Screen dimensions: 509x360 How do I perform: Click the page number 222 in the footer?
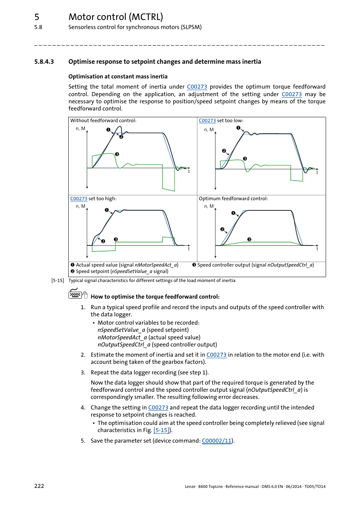coord(39,486)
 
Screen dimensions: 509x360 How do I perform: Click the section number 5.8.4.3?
coord(44,62)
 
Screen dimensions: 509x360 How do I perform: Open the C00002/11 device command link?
coord(217,441)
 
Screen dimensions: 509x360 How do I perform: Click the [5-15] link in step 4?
coord(162,430)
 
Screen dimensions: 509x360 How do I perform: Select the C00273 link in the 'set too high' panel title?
coord(78,199)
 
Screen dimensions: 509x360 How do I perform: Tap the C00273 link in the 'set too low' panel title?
coord(207,121)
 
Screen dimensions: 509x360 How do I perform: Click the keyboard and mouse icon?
coord(78,294)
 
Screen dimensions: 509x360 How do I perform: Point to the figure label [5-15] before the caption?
coord(57,281)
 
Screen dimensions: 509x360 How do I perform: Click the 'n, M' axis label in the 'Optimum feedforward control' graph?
coord(209,206)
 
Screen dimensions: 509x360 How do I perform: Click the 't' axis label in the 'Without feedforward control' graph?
coord(189,172)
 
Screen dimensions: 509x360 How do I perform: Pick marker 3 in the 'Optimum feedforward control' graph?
coord(249,239)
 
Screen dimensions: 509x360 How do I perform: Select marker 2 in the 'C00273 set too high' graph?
coord(103,241)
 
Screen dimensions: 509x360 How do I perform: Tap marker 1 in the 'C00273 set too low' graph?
coord(238,128)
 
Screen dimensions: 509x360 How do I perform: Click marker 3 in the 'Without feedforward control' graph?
coord(117,154)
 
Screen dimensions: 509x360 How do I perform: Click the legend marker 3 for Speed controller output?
coord(194,265)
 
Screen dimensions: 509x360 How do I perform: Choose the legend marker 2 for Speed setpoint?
coord(72,271)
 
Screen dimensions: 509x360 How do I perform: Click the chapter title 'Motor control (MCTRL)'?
coord(115,17)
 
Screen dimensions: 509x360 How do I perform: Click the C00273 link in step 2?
coord(216,355)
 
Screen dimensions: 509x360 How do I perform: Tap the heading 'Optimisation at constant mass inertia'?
coord(118,77)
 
